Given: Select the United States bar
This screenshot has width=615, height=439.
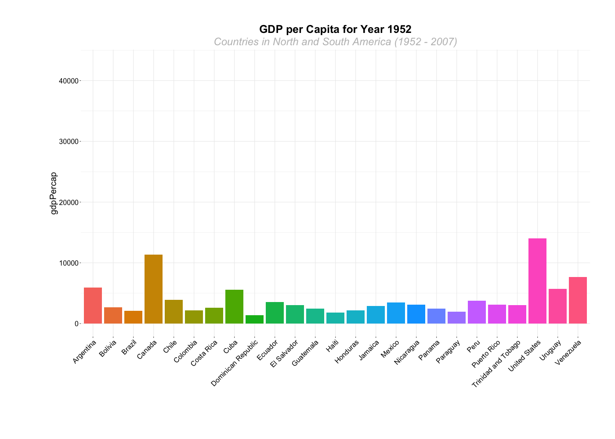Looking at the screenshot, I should coord(537,281).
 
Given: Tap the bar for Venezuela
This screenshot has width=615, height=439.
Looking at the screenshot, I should coord(578,300).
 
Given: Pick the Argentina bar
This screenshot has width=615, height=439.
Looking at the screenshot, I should coord(93,306).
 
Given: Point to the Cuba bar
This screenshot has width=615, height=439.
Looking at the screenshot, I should coord(234,306).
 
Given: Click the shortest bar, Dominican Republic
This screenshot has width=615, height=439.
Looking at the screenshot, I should coord(254,319).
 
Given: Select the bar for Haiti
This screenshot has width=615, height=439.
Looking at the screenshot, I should coord(335,318).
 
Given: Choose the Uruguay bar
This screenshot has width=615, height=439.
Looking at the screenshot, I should coord(557,306).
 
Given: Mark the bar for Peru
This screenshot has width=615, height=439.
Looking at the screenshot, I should coord(477,312).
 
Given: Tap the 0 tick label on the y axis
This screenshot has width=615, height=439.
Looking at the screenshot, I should coord(76,324).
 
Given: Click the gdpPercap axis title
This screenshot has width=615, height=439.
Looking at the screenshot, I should coord(54,193).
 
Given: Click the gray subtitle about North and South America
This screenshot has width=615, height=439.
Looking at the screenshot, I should coord(335,42).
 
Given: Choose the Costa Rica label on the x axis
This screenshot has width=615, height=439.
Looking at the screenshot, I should coord(204,353).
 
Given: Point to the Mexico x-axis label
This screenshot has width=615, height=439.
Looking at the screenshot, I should coord(390,349).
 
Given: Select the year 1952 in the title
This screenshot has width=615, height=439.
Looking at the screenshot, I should coord(399,29).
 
